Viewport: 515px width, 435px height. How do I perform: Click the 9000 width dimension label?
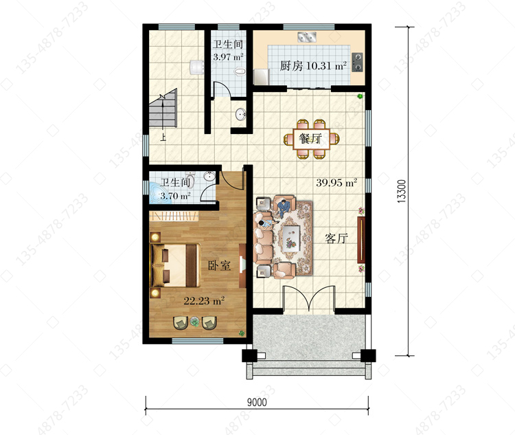pyautogui.click(x=257, y=402)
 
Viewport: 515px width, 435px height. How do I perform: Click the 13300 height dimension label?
pyautogui.click(x=402, y=191)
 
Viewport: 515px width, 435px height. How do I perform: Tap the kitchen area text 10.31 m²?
pyautogui.click(x=326, y=66)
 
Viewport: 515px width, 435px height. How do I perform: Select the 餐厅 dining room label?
pyautogui.click(x=310, y=138)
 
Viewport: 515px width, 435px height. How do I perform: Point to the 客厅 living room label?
pyautogui.click(x=336, y=238)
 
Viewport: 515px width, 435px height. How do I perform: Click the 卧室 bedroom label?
pyautogui.click(x=220, y=265)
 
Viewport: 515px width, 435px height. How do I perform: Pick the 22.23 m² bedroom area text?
pyautogui.click(x=204, y=300)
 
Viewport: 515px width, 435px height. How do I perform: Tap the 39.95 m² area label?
pyautogui.click(x=336, y=183)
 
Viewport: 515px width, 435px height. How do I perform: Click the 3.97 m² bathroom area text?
pyautogui.click(x=228, y=56)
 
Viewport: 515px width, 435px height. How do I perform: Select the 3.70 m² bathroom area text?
pyautogui.click(x=175, y=197)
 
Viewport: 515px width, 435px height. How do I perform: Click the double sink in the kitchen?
pyautogui.click(x=307, y=37)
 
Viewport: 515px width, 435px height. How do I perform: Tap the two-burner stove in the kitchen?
pyautogui.click(x=357, y=62)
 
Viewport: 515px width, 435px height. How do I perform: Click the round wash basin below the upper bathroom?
pyautogui.click(x=241, y=115)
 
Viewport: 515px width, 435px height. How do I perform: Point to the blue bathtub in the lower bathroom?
pyautogui.click(x=159, y=194)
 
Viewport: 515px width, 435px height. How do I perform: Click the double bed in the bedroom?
pyautogui.click(x=175, y=265)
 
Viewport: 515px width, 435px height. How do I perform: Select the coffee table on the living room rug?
pyautogui.click(x=291, y=237)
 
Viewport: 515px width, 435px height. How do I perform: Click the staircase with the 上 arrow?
pyautogui.click(x=163, y=109)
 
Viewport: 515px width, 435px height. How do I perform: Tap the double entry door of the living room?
pyautogui.click(x=308, y=298)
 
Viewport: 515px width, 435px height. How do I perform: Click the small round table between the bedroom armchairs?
pyautogui.click(x=195, y=322)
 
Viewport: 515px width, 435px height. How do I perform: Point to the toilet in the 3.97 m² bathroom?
pyautogui.click(x=240, y=71)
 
